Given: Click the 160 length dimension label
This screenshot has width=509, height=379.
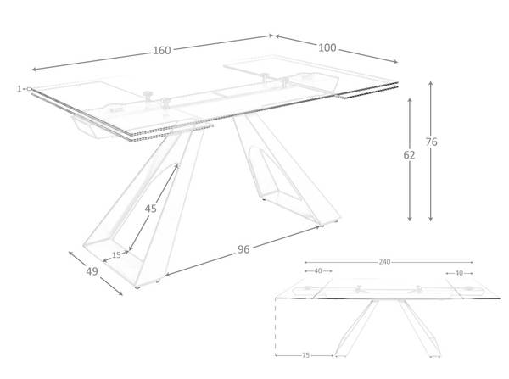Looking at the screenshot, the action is click(162, 51).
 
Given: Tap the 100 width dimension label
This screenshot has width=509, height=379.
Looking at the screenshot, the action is click(327, 48).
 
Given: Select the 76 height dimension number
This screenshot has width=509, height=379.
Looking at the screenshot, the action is click(432, 142).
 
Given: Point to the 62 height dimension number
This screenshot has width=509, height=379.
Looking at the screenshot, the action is click(409, 155).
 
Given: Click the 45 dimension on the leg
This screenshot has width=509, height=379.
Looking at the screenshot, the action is click(151, 209).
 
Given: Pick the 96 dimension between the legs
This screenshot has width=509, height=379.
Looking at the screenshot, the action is click(243, 249).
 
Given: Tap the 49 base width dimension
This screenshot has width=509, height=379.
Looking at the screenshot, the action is click(92, 271).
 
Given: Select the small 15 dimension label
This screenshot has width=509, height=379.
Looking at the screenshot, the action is click(116, 255).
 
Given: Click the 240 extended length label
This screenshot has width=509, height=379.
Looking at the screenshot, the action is click(384, 262).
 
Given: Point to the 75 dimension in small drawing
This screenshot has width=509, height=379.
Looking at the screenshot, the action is click(305, 355).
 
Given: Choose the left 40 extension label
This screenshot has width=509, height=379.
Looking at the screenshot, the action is click(318, 270).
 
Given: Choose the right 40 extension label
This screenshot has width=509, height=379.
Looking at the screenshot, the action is click(459, 273).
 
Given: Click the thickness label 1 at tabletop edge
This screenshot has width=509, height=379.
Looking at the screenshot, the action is click(20, 88).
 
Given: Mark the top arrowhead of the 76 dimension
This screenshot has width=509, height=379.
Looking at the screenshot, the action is click(430, 83).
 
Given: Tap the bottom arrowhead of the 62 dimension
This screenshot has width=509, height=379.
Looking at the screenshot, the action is click(410, 220).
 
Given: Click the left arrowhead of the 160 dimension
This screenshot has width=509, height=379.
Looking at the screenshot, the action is click(33, 70).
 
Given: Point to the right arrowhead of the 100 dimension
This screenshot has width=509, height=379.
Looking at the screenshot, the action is click(396, 62).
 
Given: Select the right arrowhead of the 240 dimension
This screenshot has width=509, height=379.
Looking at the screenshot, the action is click(472, 262).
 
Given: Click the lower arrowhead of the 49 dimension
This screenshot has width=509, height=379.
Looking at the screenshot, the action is click(121, 294).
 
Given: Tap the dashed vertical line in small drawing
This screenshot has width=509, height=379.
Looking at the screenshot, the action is click(275, 326).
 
